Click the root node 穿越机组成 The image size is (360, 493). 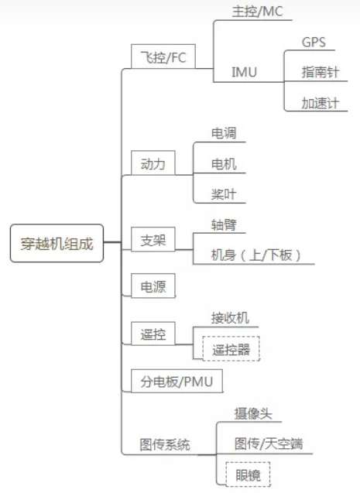pos(57,244)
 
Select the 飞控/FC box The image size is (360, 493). pos(163,57)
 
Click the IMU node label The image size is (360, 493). pos(245,72)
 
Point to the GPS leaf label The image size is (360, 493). pos(314,42)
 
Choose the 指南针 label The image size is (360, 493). pos(320,72)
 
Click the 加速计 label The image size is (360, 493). pos(320,102)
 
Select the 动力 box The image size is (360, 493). pos(153,163)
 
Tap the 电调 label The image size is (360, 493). pos(224,133)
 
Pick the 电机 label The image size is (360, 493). pos(224,163)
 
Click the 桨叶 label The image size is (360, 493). pos(224,193)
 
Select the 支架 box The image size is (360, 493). pos(153,239)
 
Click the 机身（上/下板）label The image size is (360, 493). pos(255,255)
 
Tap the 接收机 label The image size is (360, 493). pos(230,317)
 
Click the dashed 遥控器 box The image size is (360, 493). pos(231,348)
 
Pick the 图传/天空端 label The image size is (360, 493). pos(269,443)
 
